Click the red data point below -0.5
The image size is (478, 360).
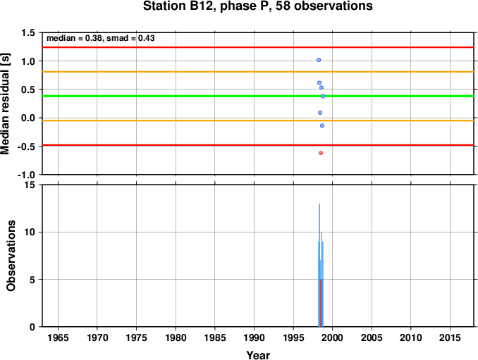tap(321, 153)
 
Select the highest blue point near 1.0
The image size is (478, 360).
tap(319, 60)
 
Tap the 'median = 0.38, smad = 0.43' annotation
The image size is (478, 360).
tap(101, 38)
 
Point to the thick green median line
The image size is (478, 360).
tap(258, 97)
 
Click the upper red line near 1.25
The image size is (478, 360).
tap(258, 47)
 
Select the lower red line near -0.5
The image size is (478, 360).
tap(258, 145)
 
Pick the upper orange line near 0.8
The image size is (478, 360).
tap(258, 72)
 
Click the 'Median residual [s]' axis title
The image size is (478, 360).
tap(5, 104)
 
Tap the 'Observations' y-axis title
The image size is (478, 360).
tap(11, 256)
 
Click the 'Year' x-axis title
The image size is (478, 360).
tap(258, 355)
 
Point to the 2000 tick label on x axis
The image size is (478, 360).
tap(333, 337)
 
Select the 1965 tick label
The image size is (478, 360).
tap(58, 337)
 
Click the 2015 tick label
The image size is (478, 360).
tap(450, 337)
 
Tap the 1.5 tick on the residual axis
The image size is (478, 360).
tap(28, 32)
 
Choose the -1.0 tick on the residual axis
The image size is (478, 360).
tap(26, 175)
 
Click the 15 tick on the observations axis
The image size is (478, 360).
tap(30, 185)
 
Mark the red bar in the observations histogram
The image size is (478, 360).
tap(321, 303)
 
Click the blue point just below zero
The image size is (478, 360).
tap(322, 126)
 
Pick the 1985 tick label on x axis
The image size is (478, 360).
tap(215, 337)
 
